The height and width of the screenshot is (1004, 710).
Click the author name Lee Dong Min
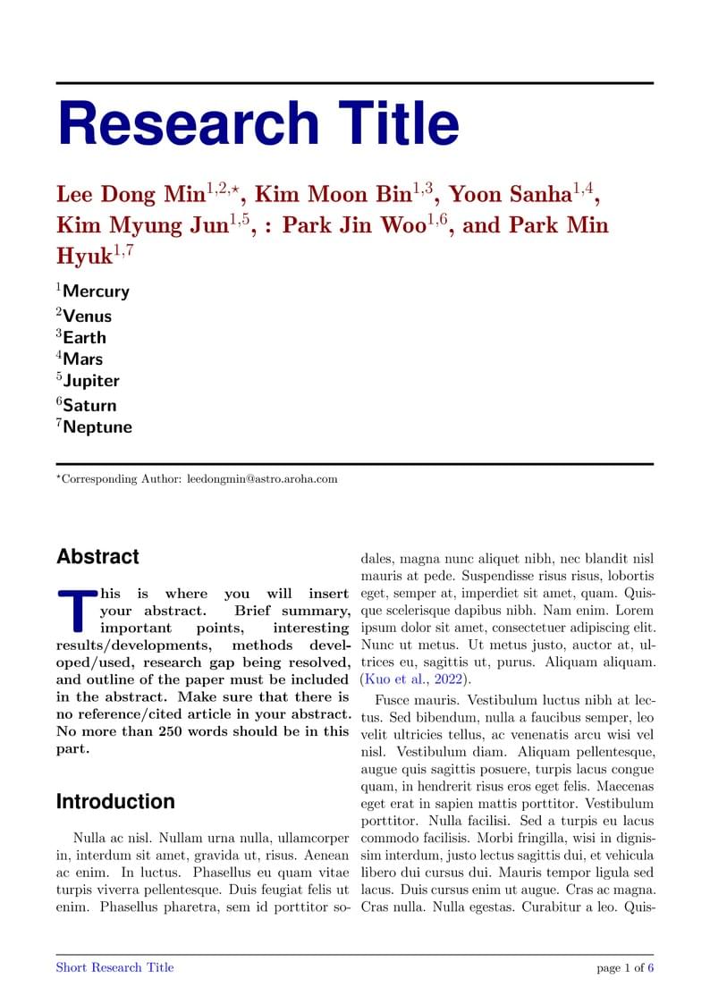point(131,195)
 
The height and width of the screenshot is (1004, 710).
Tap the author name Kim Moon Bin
point(333,195)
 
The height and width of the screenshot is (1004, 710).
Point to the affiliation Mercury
point(96,291)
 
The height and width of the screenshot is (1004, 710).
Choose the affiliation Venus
point(87,316)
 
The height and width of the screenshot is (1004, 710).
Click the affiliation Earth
point(84,338)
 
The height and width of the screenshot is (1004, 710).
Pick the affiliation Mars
point(83,359)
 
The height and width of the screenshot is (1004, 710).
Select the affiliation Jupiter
point(90,381)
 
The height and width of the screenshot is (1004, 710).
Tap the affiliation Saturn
point(89,406)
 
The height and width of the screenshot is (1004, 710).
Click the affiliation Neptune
point(97,427)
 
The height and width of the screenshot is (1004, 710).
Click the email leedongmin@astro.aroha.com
point(262,479)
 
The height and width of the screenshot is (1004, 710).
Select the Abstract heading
point(97,557)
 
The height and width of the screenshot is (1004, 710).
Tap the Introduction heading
point(115,801)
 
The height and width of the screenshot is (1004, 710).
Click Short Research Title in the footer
point(114,967)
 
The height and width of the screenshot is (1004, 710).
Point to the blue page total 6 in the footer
point(651,968)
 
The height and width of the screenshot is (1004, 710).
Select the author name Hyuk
point(84,256)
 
